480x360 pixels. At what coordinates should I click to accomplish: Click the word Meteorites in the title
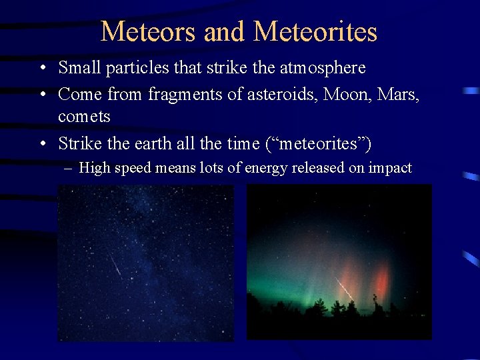point(315,31)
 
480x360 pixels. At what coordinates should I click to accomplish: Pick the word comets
point(84,116)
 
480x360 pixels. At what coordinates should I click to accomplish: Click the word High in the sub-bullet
point(95,168)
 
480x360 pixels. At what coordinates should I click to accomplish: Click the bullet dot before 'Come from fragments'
point(42,95)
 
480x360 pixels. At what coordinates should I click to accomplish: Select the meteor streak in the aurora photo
point(344,289)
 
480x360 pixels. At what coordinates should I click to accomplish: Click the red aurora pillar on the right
point(380,280)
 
